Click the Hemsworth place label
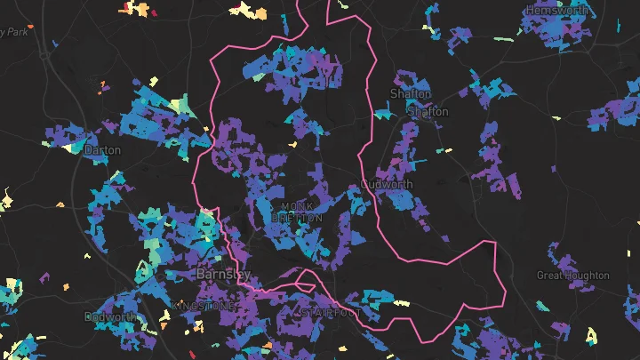(x=557, y=10)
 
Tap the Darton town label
(x=102, y=150)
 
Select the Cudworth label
(x=388, y=185)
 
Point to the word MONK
(x=297, y=206)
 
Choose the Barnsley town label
(x=222, y=274)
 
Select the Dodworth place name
(x=110, y=316)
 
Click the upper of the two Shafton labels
(x=411, y=93)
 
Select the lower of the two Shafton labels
(x=428, y=113)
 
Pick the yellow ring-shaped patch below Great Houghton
(x=592, y=335)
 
